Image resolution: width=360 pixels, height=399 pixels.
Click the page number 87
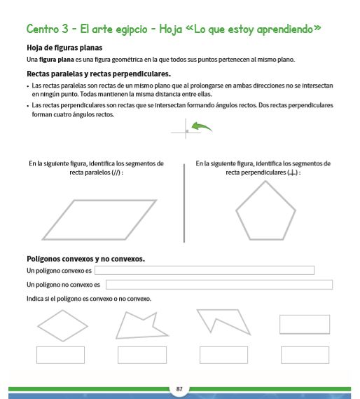click(179, 388)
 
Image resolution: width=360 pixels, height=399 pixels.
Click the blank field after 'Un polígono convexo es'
click(204, 270)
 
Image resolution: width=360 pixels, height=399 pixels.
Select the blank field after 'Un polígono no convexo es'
click(219, 284)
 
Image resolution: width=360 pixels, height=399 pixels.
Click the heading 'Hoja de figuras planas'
click(64, 48)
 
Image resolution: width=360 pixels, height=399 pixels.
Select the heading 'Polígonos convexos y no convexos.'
click(85, 259)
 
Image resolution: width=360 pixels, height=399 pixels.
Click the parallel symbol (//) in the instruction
click(115, 173)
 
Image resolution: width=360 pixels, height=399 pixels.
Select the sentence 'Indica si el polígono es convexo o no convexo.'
click(89, 299)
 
